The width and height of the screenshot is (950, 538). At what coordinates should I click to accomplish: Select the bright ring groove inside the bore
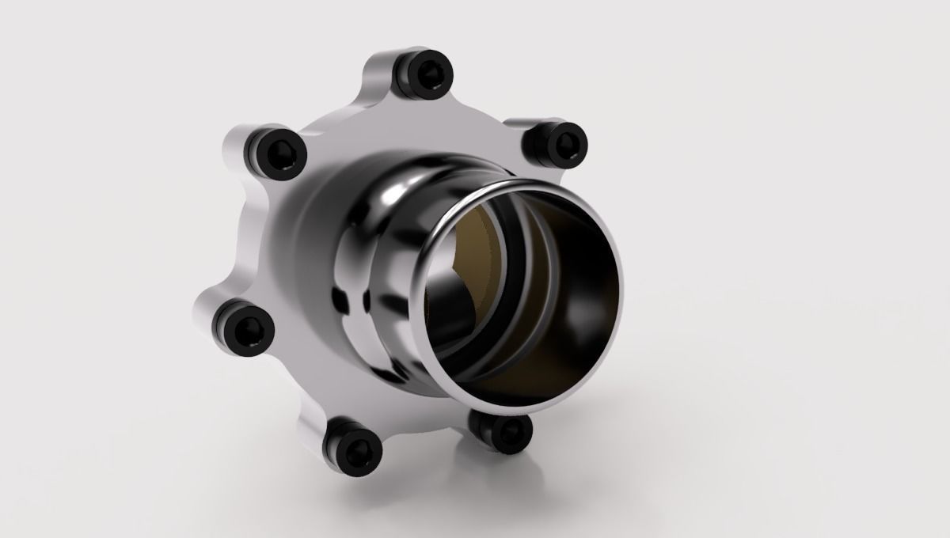click(x=519, y=301)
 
